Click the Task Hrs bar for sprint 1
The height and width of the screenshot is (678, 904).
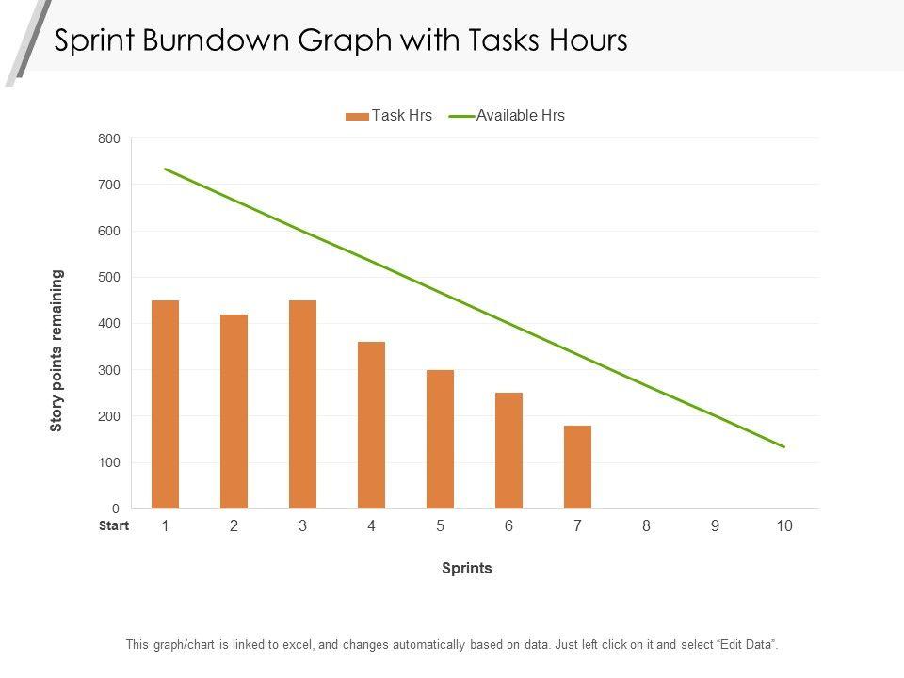pos(165,405)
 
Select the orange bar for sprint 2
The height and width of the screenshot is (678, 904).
pos(234,412)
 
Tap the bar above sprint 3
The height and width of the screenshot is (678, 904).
pos(302,405)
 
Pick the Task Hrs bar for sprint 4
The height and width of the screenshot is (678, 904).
pos(371,426)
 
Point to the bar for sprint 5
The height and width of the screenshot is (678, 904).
pos(440,440)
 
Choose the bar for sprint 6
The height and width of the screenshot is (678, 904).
pos(508,451)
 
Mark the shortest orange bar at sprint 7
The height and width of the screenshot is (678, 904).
pos(577,467)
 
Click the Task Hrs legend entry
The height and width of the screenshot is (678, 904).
pos(389,116)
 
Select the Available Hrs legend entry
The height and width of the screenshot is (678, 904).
pos(508,116)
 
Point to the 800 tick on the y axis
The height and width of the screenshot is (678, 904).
pos(109,139)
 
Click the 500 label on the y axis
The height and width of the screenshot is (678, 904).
pos(109,278)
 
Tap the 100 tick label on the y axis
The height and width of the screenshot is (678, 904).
pos(109,463)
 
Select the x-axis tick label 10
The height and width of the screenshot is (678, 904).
pos(784,526)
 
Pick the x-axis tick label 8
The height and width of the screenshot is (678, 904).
pos(646,526)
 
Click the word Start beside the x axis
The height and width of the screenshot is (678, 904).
pos(113,526)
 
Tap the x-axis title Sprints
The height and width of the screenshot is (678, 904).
pos(467,569)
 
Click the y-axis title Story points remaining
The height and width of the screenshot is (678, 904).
pos(57,350)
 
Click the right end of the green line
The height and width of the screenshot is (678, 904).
pos(783,446)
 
